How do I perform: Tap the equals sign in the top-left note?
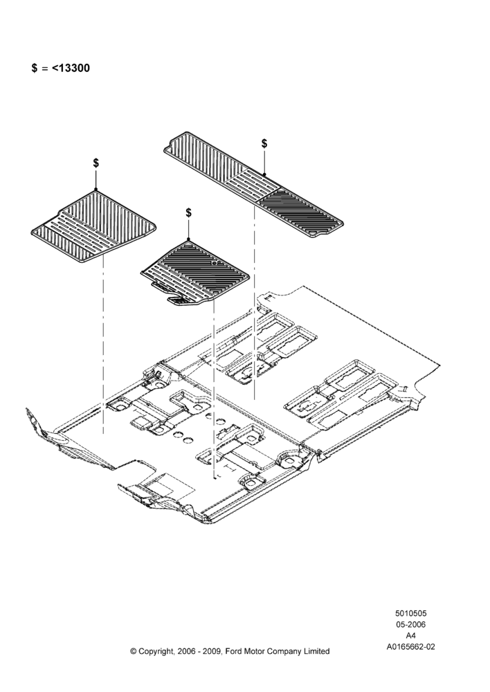point(44,69)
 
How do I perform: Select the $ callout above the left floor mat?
point(96,163)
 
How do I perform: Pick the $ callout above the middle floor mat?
point(188,212)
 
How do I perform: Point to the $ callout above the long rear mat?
point(264,143)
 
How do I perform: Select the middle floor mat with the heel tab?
point(196,273)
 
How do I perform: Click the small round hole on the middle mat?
point(214,262)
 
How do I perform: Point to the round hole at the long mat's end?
point(314,231)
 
